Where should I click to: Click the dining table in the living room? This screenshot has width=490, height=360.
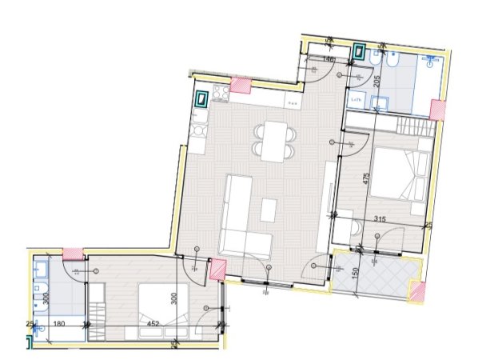click(x=274, y=141)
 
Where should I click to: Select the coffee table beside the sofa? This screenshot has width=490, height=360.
click(x=268, y=210)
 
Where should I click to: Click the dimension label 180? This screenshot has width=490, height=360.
click(x=58, y=324)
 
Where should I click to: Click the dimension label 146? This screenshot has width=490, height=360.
click(x=329, y=58)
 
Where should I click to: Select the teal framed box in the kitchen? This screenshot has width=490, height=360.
click(x=202, y=100)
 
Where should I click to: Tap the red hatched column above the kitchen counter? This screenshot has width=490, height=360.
click(x=240, y=83)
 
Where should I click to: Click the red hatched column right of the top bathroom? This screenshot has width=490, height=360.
click(x=437, y=110)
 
